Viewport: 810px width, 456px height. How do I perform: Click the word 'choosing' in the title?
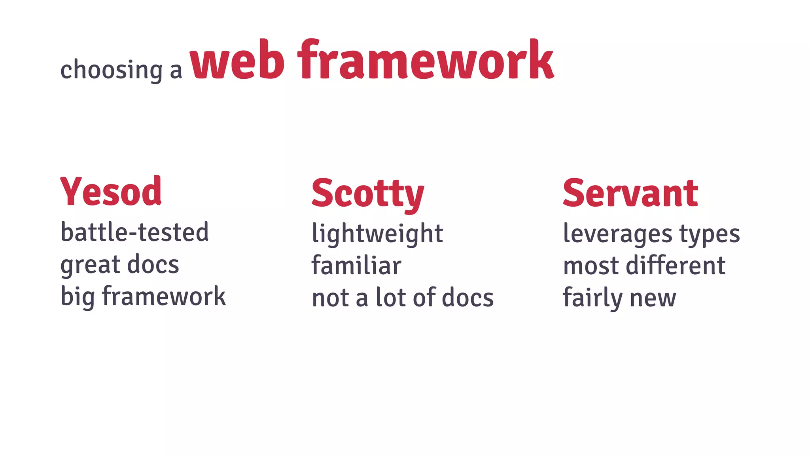pos(111,70)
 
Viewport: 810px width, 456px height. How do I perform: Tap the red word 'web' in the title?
pos(237,61)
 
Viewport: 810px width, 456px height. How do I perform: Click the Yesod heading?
pos(111,192)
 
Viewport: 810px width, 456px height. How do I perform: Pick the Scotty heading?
pos(367,194)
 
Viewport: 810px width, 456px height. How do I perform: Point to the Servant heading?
pos(630,194)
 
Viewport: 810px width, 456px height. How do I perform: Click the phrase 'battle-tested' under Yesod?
pos(134,232)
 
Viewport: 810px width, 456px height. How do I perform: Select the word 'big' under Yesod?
pos(77,297)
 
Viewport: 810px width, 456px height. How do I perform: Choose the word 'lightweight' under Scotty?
pos(377,234)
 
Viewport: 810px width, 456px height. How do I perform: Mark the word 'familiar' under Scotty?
pos(356,266)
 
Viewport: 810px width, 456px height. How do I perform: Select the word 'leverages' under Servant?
pos(617,234)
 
